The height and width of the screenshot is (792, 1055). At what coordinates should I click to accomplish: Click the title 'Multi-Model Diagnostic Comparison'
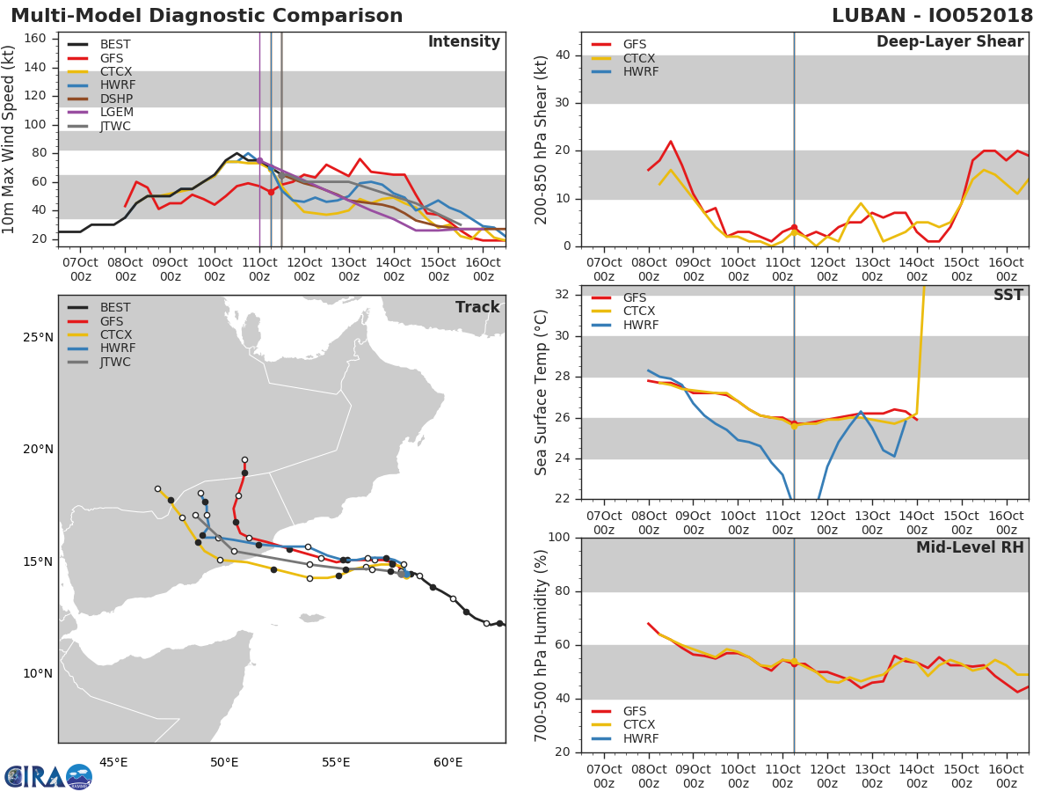[x=207, y=15]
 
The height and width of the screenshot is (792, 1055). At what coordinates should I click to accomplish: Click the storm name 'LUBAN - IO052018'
[x=932, y=15]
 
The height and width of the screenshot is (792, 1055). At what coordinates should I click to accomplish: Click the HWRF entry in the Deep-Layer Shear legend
[x=625, y=71]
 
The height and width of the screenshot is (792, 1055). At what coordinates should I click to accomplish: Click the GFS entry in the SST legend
[x=619, y=297]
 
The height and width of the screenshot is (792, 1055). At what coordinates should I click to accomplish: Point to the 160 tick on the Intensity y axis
[x=35, y=38]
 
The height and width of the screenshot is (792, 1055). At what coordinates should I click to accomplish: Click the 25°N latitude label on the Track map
[x=38, y=338]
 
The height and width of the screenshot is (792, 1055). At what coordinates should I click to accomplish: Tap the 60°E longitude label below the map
[x=448, y=762]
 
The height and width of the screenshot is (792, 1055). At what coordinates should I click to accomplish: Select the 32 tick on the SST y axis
[x=563, y=294]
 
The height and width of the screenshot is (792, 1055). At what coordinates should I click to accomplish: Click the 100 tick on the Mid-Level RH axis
[x=559, y=537]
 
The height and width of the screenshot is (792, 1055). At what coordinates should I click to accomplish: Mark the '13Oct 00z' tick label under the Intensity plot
[x=349, y=269]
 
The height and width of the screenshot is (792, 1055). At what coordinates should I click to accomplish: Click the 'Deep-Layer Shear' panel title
[x=950, y=42]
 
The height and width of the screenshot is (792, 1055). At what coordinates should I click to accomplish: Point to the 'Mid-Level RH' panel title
[x=970, y=547]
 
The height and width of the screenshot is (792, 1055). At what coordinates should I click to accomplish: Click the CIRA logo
[x=48, y=776]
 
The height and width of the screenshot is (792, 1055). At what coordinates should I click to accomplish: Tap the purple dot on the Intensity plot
[x=259, y=161]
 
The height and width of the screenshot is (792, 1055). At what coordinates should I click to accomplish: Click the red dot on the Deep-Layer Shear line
[x=794, y=227]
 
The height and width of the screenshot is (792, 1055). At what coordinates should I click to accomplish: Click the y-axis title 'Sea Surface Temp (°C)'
[x=541, y=392]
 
